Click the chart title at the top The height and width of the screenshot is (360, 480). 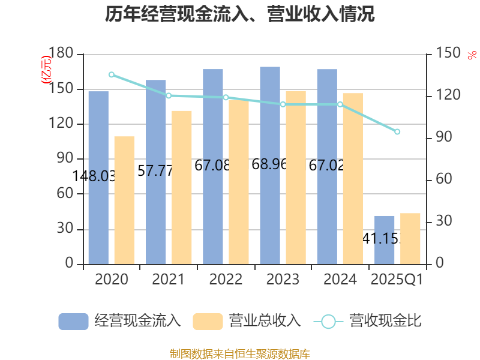click(x=240, y=14)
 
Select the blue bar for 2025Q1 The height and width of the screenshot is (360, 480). click(x=385, y=239)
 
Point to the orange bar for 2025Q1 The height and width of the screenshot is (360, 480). click(x=410, y=238)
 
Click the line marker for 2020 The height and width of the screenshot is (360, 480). click(x=111, y=74)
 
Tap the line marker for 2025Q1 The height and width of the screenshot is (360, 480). click(x=397, y=131)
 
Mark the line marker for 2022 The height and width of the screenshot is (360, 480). click(x=226, y=97)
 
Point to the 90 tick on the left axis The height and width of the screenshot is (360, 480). click(x=65, y=159)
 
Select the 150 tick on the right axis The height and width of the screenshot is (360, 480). click(x=446, y=54)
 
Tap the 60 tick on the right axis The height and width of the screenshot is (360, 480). click(x=443, y=180)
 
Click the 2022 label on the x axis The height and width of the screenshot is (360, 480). click(x=226, y=280)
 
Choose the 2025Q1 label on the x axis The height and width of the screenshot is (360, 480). click(x=397, y=280)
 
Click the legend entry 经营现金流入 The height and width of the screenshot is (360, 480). click(x=119, y=321)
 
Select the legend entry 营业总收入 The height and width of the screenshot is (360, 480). click(x=247, y=321)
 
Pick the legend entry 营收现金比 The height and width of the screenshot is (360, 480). click(x=368, y=321)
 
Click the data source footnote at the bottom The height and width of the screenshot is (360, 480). click(x=240, y=353)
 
